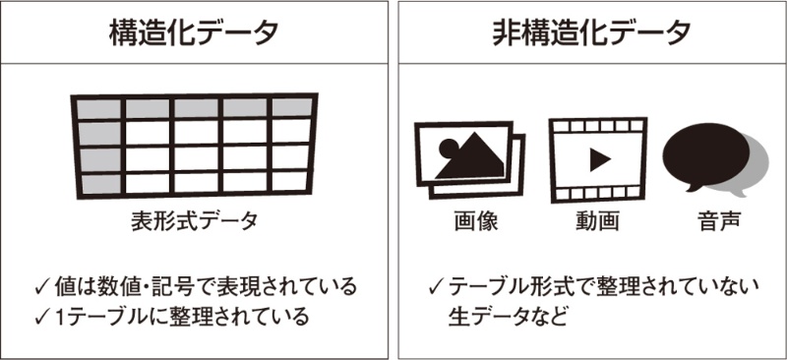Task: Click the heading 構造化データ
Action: [194, 33]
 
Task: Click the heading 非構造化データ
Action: [592, 33]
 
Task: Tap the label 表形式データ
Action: [195, 221]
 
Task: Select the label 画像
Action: [476, 221]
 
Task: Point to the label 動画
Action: [597, 221]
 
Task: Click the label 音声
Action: [719, 221]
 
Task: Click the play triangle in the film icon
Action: [599, 160]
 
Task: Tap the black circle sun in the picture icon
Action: [449, 148]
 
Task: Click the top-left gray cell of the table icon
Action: [99, 109]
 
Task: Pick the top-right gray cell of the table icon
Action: [292, 106]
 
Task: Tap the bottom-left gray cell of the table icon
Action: [101, 184]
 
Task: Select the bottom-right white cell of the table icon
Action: [289, 181]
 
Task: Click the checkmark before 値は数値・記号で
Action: [42, 287]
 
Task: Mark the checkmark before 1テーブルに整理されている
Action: [42, 317]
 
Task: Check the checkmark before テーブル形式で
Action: [437, 287]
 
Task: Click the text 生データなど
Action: [508, 317]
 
